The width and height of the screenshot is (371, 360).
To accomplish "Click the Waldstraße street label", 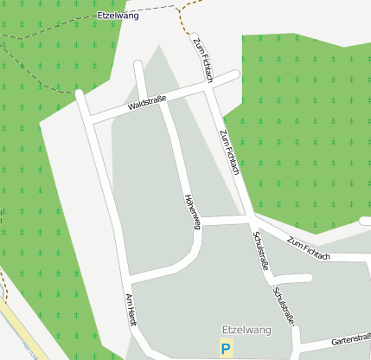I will pos(146,105).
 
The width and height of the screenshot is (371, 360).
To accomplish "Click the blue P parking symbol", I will pos(226,349).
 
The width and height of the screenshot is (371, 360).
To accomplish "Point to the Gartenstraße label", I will pos(349,338).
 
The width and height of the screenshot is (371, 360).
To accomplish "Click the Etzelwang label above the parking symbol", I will pos(246,331).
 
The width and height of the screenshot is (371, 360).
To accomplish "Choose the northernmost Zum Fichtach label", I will pos(202,60).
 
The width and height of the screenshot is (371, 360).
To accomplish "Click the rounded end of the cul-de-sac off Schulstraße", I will pos(308,278).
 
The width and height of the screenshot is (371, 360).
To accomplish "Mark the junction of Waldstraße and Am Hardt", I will pos(90,118).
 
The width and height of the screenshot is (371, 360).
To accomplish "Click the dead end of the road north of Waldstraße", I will pos(137,64).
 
